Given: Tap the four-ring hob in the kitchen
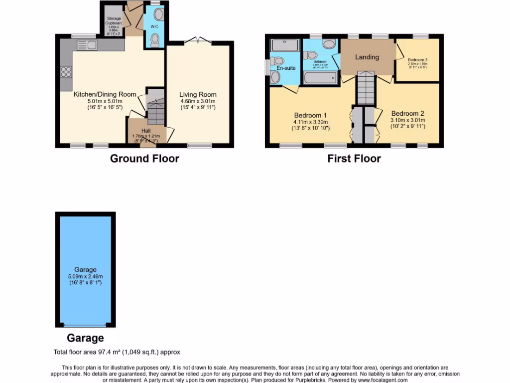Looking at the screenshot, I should click(66, 73).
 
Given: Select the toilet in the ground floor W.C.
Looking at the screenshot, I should click(155, 39).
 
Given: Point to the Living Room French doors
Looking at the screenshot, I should click(198, 39).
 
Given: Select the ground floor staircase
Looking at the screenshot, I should click(156, 111).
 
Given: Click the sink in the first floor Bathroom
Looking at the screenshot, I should click(329, 44).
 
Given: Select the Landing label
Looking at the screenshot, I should click(367, 57).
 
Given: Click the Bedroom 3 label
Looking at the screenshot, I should click(417, 60).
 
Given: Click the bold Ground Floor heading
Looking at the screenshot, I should click(144, 159).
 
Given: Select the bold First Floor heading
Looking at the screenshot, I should click(354, 159).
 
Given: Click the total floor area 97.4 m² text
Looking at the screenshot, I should click(117, 352).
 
